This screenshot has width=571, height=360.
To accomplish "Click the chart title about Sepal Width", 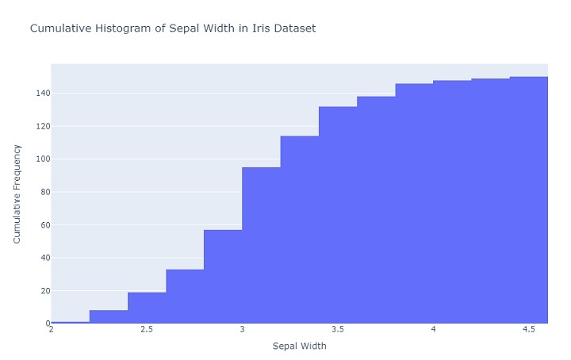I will coord(172,29).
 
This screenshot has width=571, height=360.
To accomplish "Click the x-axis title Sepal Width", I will coord(299,347).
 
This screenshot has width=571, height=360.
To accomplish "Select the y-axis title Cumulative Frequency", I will coord(17,193).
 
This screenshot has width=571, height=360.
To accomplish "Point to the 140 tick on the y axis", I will coord(38,94).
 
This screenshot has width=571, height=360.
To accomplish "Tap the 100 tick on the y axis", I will coord(38,159).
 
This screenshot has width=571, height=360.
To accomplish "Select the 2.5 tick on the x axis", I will coord(147,329).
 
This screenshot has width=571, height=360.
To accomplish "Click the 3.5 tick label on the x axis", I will coord(338,329).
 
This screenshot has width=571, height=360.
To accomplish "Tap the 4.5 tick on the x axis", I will coord(529,329).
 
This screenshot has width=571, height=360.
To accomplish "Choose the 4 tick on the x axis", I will coord(433,329).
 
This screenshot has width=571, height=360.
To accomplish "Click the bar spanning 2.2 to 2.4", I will coord(109,316).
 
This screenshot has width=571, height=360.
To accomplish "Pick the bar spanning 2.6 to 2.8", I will coord(185,296).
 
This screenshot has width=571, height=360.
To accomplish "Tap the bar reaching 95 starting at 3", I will coord(261,245).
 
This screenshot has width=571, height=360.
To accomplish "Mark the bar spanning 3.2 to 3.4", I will coord(300,230).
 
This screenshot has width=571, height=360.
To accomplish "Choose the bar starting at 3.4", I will coord(338,215).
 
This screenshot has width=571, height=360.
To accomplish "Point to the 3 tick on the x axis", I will coord(242,329).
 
